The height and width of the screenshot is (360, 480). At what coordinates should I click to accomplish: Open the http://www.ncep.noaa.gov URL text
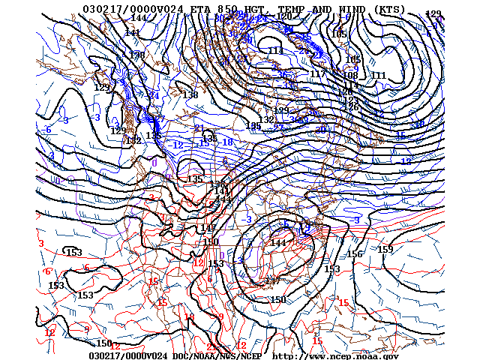(x=335, y=355)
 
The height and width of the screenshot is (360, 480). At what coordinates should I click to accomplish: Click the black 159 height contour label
(x=385, y=250)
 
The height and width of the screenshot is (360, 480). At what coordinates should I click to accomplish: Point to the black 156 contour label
(x=355, y=255)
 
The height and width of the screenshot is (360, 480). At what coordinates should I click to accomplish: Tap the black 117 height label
(x=318, y=74)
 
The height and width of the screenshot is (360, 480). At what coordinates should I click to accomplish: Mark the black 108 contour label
(x=350, y=75)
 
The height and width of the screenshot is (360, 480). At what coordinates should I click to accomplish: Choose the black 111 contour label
(x=378, y=76)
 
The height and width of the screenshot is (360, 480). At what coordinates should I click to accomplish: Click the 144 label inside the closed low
(x=278, y=243)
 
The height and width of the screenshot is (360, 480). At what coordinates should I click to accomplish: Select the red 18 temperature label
(x=189, y=317)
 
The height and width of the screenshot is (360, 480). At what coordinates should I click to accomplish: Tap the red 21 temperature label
(x=212, y=346)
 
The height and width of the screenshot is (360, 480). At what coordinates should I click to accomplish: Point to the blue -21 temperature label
(x=199, y=128)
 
